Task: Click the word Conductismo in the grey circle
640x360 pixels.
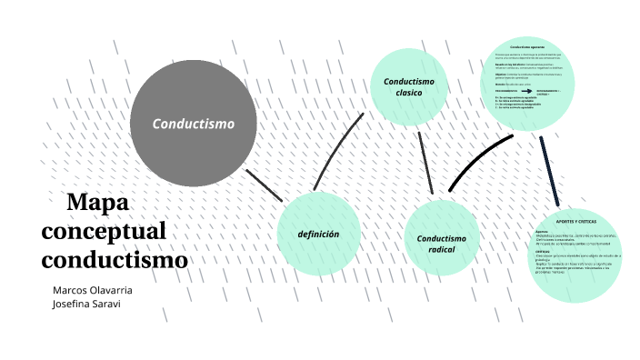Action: coord(193,124)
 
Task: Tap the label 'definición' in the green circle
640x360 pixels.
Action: coord(318,235)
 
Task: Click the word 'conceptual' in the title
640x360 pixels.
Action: coord(104,231)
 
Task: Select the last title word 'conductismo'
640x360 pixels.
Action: coord(115,260)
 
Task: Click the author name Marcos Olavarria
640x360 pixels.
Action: coord(93,289)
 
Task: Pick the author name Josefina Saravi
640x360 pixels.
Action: coord(86,304)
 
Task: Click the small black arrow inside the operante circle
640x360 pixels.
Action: coord(526,92)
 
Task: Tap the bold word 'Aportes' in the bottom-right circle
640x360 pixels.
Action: coord(541,231)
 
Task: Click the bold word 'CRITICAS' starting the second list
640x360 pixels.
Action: coord(542,252)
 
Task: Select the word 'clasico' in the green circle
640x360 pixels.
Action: coord(409,94)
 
